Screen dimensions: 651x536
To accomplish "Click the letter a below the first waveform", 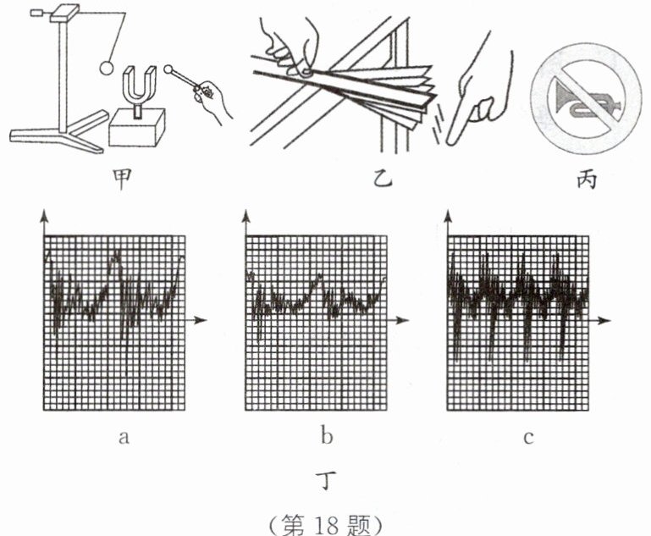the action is coord(124,438).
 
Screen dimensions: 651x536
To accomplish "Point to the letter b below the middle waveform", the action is coord(327,438).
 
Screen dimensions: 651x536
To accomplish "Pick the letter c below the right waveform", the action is coord(527,438).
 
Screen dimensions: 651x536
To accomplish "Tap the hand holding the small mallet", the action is coord(212,97).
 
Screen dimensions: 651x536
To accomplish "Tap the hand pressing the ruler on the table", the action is coord(292,51).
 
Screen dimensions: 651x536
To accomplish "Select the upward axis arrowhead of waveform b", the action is coord(246,218).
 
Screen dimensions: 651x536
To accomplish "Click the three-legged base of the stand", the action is coord(59,135).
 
